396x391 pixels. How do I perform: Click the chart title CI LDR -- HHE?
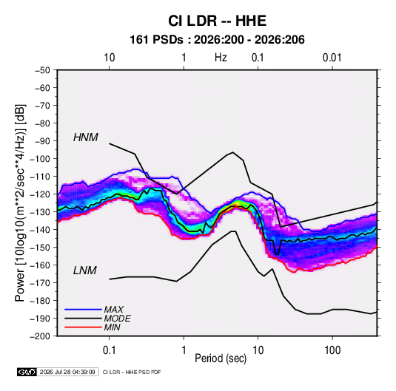(x=217, y=21)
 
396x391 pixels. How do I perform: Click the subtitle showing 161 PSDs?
(x=217, y=40)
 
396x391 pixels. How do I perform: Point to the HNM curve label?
(x=86, y=137)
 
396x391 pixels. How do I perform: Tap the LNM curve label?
(x=85, y=271)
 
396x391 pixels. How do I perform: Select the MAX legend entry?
(x=114, y=309)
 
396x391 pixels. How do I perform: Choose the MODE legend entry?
(x=117, y=319)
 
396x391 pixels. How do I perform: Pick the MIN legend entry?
(x=112, y=327)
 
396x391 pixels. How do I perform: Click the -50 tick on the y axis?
(x=43, y=70)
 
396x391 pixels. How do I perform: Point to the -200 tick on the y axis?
(x=40, y=336)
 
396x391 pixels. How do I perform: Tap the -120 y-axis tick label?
(x=40, y=194)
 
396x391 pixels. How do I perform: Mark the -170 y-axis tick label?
(x=40, y=283)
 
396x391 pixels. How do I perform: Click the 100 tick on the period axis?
(x=332, y=350)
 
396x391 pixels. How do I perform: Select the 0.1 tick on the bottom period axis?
(x=109, y=350)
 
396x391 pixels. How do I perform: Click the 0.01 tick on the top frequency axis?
(x=332, y=58)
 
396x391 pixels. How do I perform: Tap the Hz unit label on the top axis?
(x=221, y=58)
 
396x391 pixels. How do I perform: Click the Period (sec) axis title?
(x=221, y=358)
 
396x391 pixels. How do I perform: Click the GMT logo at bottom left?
(x=27, y=372)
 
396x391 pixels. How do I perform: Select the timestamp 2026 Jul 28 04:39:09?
(x=67, y=372)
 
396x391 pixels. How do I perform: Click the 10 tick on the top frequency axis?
(x=109, y=58)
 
